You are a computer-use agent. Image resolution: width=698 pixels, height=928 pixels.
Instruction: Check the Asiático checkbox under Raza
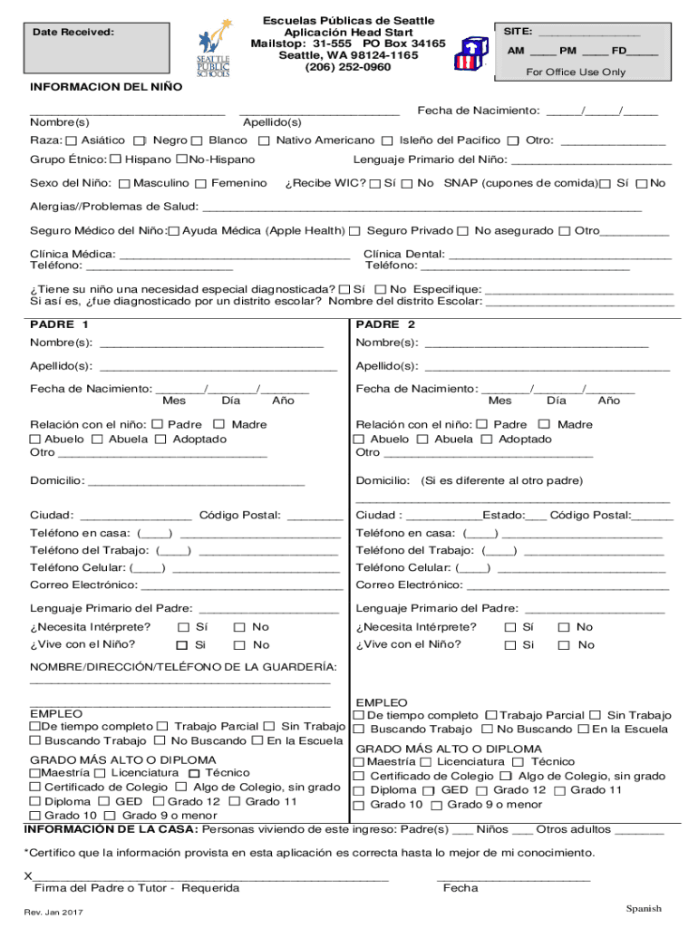pos(72,140)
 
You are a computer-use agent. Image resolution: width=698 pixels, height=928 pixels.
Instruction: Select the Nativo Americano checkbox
pos(265,140)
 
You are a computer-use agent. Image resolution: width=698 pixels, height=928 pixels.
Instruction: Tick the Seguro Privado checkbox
pos(355,231)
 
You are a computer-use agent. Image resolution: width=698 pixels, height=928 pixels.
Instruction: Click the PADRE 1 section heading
pos(59,324)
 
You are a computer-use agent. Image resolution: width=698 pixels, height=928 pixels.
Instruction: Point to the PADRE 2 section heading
pos(385,324)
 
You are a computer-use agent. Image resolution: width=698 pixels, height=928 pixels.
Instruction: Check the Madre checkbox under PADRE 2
pos(544,424)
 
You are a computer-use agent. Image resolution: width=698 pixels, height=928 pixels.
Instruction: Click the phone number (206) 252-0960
pos(348,67)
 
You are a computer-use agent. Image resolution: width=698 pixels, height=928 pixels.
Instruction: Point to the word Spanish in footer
pos(644,908)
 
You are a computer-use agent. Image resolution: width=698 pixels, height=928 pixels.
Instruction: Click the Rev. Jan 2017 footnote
pos(54,912)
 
